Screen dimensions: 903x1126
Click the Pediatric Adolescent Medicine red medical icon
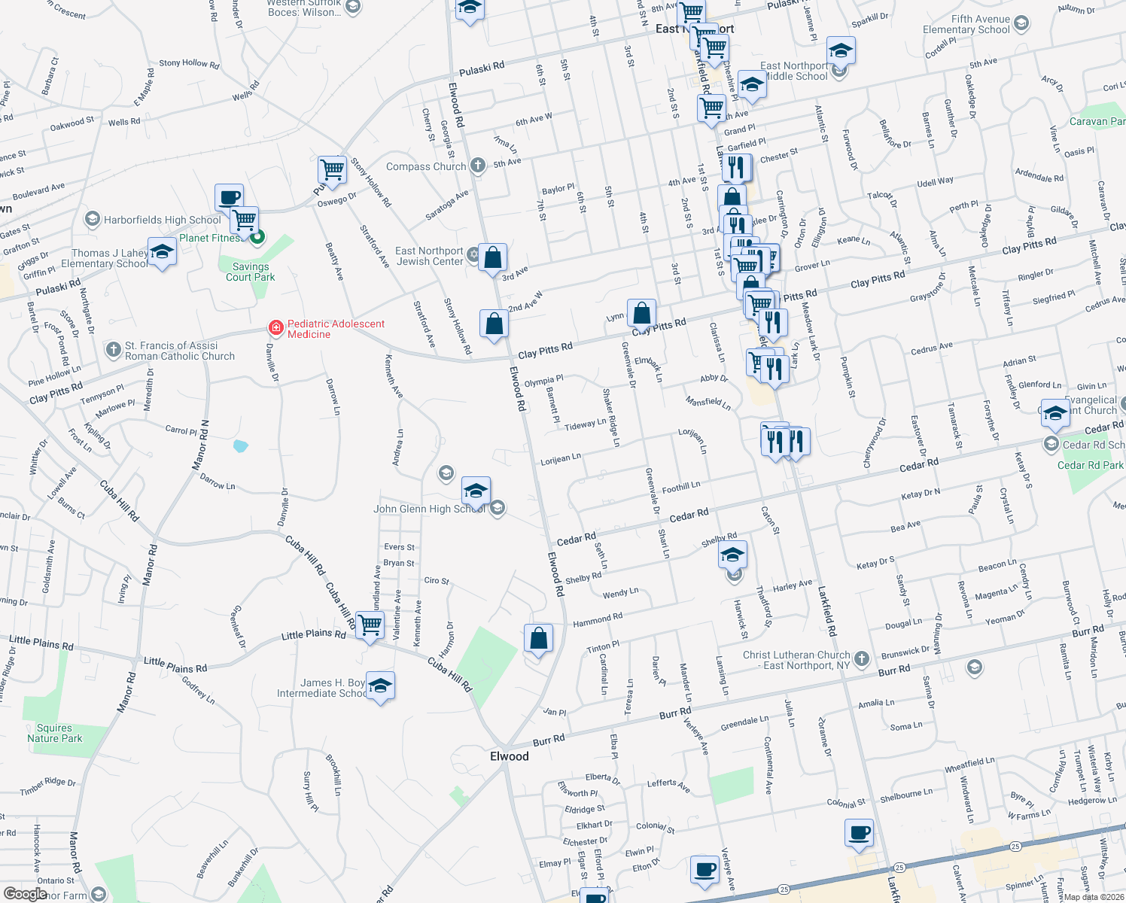(x=276, y=328)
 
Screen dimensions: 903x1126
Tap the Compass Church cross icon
(x=477, y=166)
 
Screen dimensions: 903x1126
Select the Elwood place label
(x=510, y=756)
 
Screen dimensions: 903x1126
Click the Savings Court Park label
(x=250, y=272)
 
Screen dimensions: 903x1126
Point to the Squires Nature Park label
(x=55, y=733)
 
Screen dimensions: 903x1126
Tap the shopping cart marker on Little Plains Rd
(x=370, y=624)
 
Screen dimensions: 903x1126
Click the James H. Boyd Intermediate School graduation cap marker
(x=380, y=686)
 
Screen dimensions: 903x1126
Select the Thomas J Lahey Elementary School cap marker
(x=162, y=253)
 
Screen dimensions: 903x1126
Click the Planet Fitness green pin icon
(x=257, y=238)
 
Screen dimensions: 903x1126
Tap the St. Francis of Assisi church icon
(x=114, y=349)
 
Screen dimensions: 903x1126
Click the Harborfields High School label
(x=163, y=220)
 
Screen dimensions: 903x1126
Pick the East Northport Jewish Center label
(x=429, y=256)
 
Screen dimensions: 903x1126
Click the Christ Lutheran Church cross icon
(x=862, y=659)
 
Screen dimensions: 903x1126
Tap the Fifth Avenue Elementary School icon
(x=1021, y=23)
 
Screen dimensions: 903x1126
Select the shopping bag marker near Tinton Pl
(x=539, y=638)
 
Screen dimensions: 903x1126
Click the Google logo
(x=25, y=893)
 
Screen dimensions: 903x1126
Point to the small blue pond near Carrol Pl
(x=240, y=446)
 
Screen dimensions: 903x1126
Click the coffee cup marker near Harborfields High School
(x=229, y=198)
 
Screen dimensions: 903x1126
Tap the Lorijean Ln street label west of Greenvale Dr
(x=561, y=458)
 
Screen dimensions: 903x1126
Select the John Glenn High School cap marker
(x=476, y=491)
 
